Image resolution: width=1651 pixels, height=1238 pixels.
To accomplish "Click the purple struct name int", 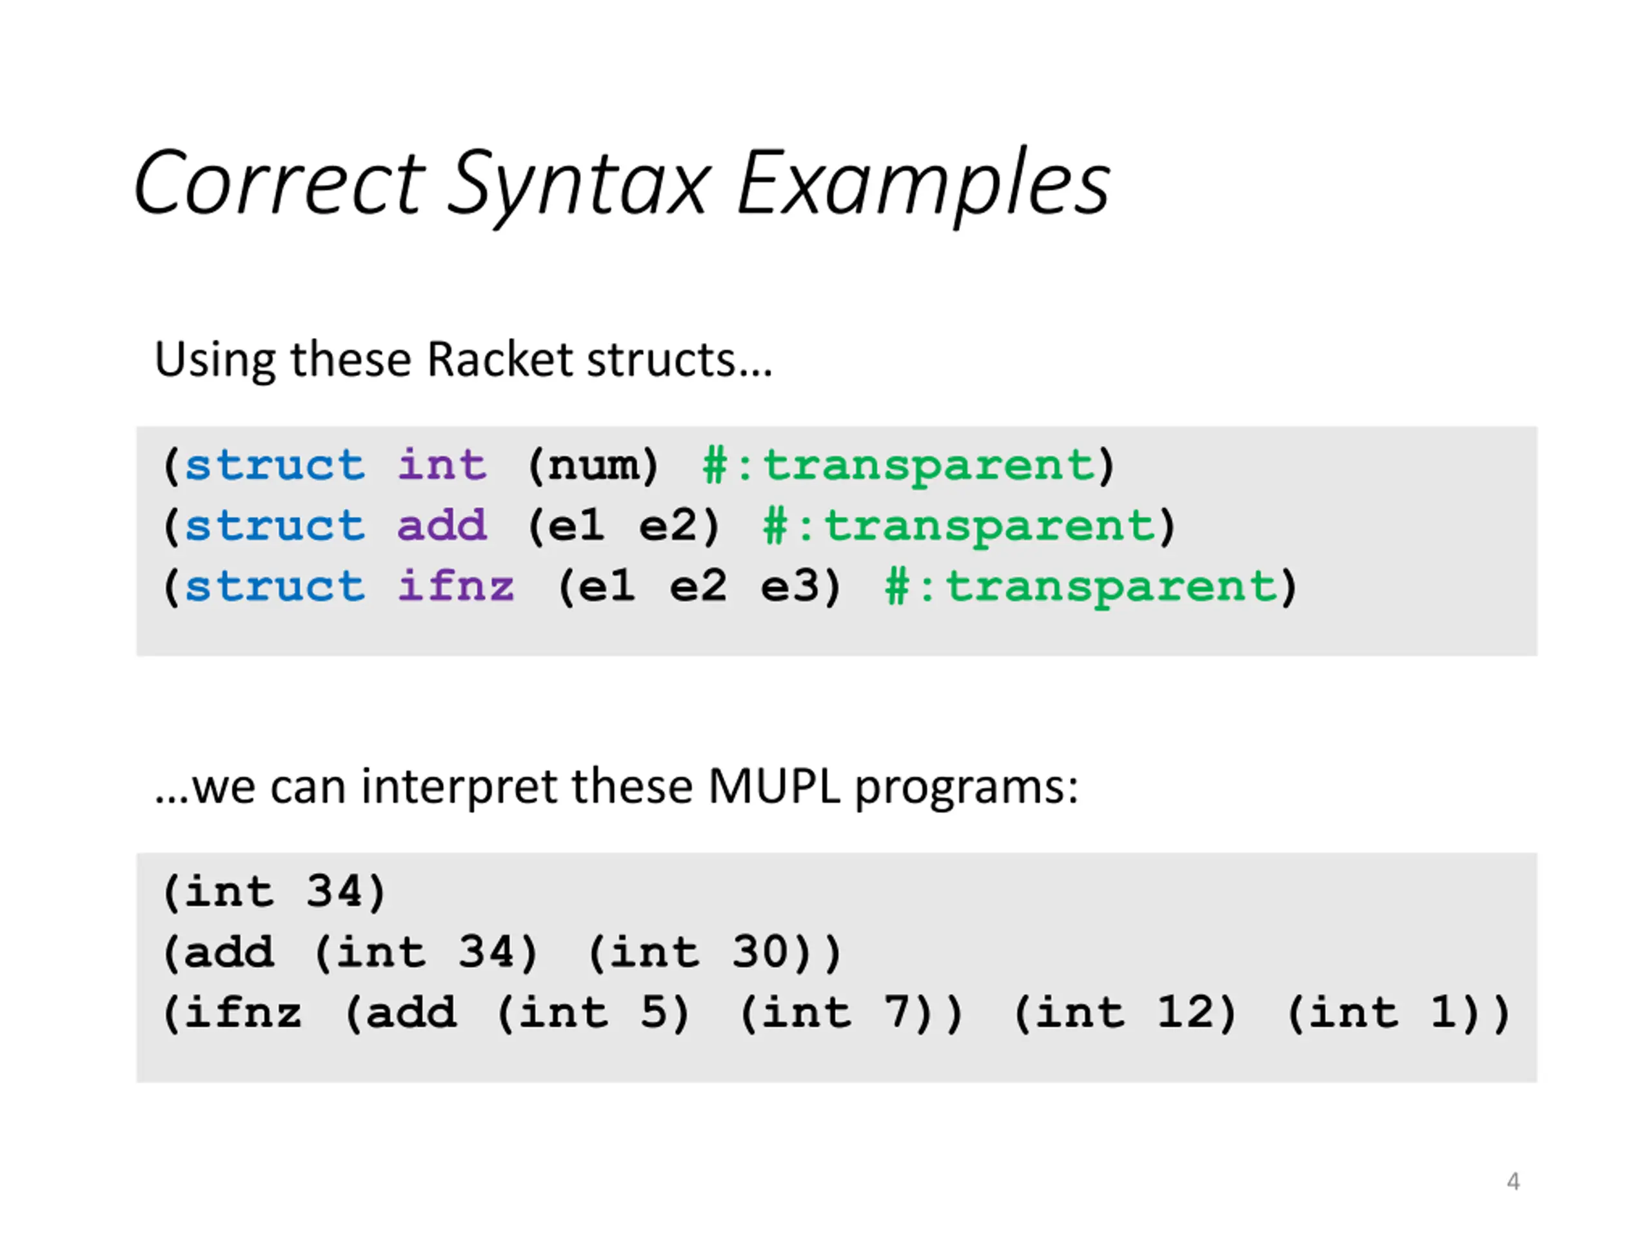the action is pyautogui.click(x=442, y=466).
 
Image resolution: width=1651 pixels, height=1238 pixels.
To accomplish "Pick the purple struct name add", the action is pyautogui.click(x=442, y=526).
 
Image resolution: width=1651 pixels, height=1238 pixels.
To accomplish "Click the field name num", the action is pyautogui.click(x=593, y=466).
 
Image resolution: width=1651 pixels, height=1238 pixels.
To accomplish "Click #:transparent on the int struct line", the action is pyautogui.click(x=900, y=466).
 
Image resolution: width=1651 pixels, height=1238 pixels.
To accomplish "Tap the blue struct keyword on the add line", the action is pyautogui.click(x=275, y=526).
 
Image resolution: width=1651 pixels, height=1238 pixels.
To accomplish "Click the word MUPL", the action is pyautogui.click(x=774, y=787).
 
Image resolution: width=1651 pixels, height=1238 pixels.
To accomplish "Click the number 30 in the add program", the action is pyautogui.click(x=760, y=952).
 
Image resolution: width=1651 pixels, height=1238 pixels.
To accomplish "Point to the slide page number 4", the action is pyautogui.click(x=1513, y=1181).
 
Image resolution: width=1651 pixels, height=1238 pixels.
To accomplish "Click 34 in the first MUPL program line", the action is pyautogui.click(x=334, y=892).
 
